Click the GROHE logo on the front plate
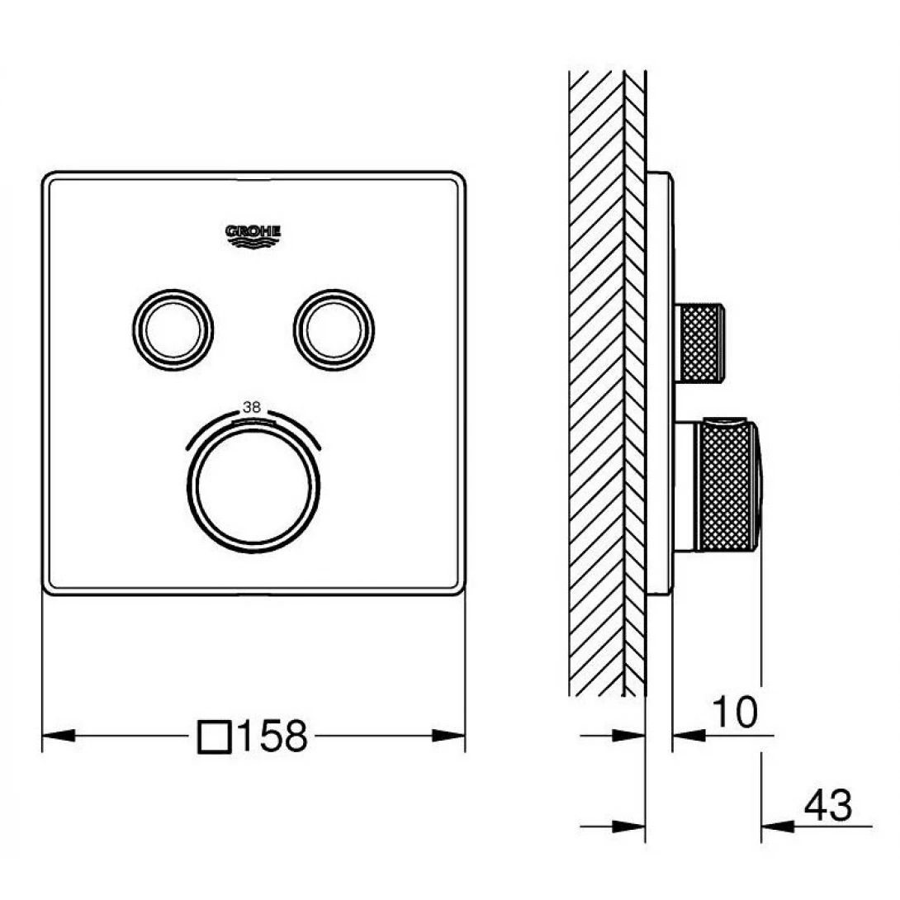[x=253, y=236]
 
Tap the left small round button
[x=173, y=330]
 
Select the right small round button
[x=334, y=330]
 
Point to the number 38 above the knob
[x=252, y=407]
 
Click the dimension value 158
[x=272, y=737]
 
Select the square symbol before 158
[x=215, y=737]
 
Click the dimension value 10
[x=735, y=712]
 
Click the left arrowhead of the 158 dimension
[x=59, y=735]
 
